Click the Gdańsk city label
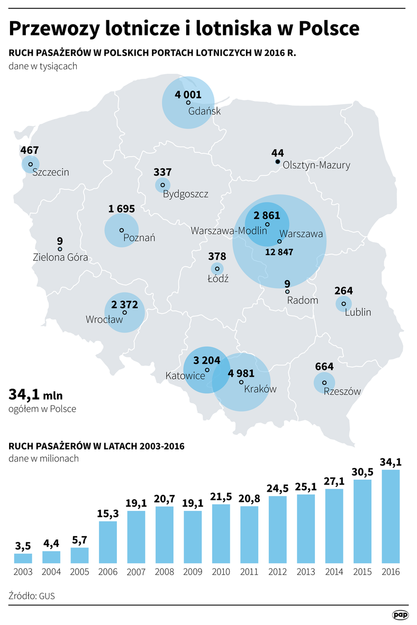pos(204,112)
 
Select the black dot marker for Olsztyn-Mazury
pos(278,162)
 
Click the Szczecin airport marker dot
pos(30,164)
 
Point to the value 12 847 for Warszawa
pos(279,252)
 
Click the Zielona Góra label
pos(60,258)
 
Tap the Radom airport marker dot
pos(287,291)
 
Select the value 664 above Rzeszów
pos(324,367)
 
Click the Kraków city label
pos(260,389)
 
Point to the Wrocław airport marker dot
pos(125,312)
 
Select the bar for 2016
pos(391,517)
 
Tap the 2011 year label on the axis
pos(249,572)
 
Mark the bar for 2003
pos(23,558)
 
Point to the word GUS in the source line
pos(46,596)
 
